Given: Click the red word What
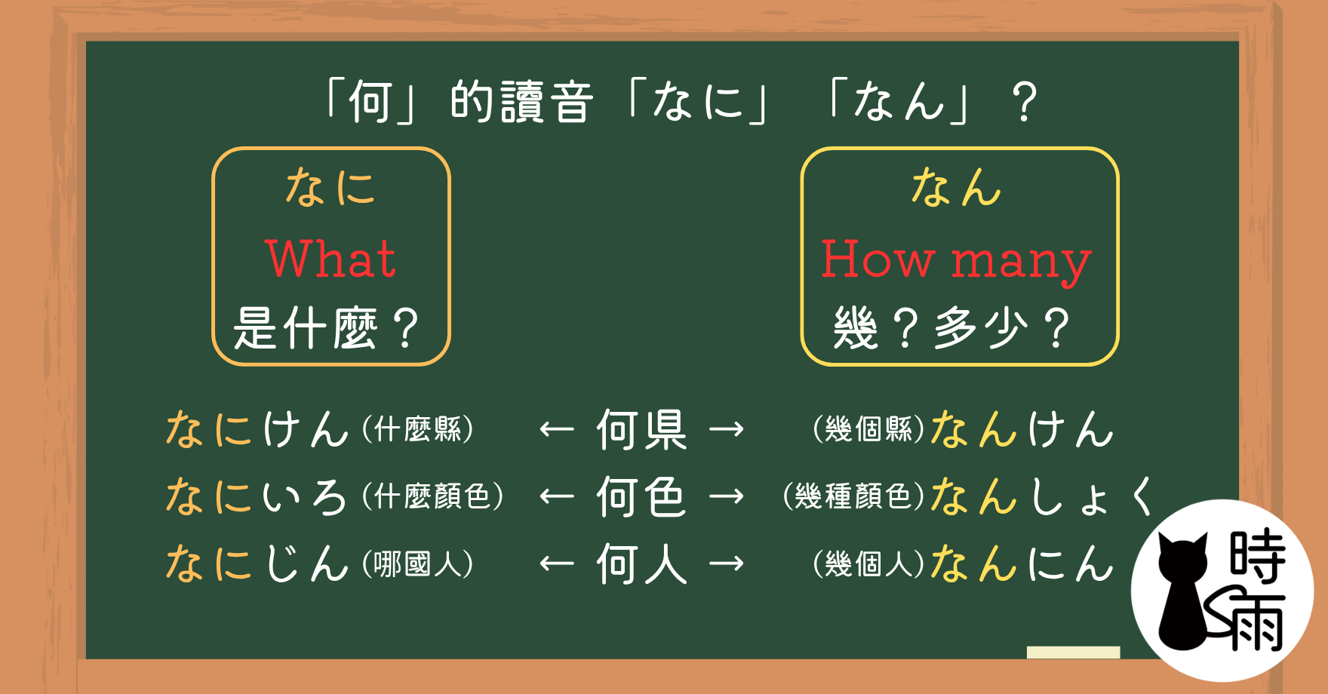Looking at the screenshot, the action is point(330,258).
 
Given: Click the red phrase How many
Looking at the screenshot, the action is point(956,261).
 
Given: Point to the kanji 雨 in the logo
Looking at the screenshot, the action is point(1253,622).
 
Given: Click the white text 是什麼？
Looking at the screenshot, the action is point(326,328).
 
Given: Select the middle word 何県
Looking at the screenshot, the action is point(641,429).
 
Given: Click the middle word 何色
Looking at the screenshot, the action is point(641,496).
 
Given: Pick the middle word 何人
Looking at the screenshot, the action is point(641,563).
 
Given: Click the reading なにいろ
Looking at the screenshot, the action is point(257,497).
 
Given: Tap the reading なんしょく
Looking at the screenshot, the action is point(1042,496).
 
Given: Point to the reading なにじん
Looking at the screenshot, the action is point(257,564).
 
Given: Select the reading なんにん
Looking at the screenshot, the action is point(1022,564).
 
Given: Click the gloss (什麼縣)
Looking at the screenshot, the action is point(417,430).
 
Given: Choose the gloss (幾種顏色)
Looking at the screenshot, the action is point(853,496).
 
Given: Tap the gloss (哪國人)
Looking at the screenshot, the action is point(417,564).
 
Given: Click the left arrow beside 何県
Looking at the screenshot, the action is point(557,430).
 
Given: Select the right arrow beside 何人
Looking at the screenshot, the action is point(727,564).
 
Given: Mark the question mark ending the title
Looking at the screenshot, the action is point(1025,102).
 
